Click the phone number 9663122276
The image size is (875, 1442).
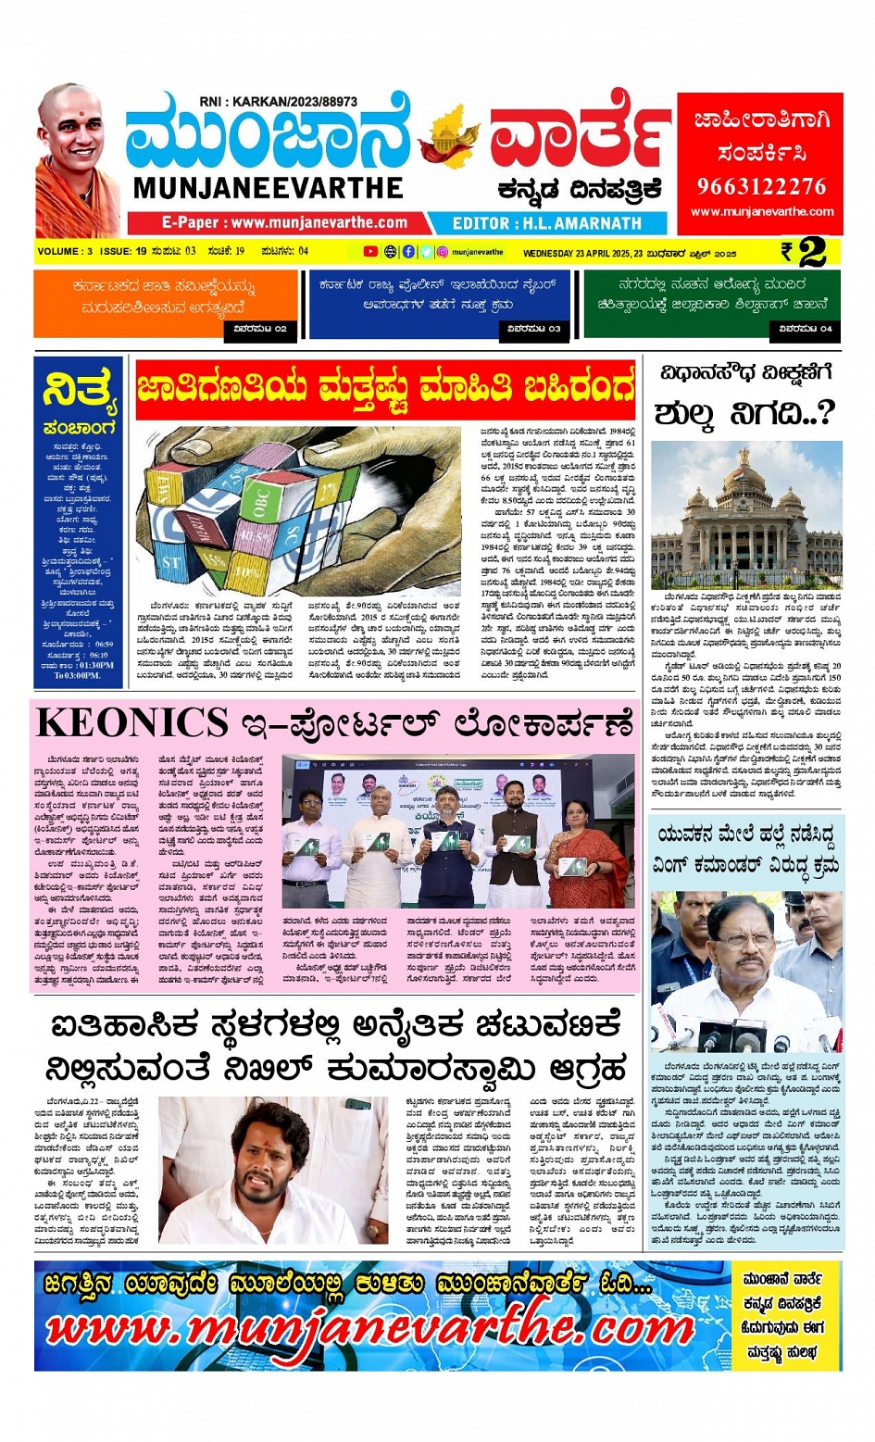pos(760,186)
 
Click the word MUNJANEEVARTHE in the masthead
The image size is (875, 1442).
pos(268,188)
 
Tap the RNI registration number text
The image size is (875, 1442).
pos(278,101)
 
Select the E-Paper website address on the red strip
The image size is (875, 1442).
pos(284,223)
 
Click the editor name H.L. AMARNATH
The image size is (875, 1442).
pos(546,223)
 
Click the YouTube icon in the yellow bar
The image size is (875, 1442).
pos(370,251)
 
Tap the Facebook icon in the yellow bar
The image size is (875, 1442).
pos(408,251)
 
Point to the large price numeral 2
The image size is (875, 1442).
pos(812,252)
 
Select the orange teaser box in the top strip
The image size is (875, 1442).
pos(166,302)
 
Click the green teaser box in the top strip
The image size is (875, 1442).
pos(711,302)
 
